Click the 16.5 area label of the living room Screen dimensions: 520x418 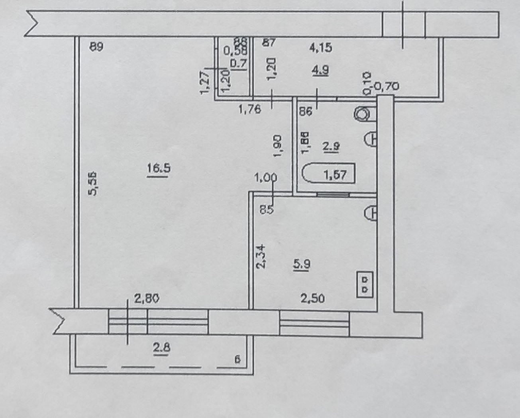coord(159,169)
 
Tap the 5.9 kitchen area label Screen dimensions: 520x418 coord(302,264)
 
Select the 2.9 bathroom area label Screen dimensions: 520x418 coord(331,147)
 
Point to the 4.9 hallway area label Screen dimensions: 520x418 coord(320,70)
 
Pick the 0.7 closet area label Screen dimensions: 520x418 coord(239,63)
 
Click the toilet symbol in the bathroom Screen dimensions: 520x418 coord(363,114)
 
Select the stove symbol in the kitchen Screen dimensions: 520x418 coord(365,284)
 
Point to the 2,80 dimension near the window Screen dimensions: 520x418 coord(147,298)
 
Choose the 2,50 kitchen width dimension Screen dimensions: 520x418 coord(312,298)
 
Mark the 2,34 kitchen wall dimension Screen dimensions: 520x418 coord(261,256)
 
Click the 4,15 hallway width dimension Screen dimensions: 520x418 coord(321,48)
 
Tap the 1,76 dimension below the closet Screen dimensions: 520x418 coord(249,109)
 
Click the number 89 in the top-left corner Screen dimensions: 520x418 coord(96,47)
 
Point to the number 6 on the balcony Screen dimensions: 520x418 coord(237,359)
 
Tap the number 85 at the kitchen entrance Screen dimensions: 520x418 coord(267,210)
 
